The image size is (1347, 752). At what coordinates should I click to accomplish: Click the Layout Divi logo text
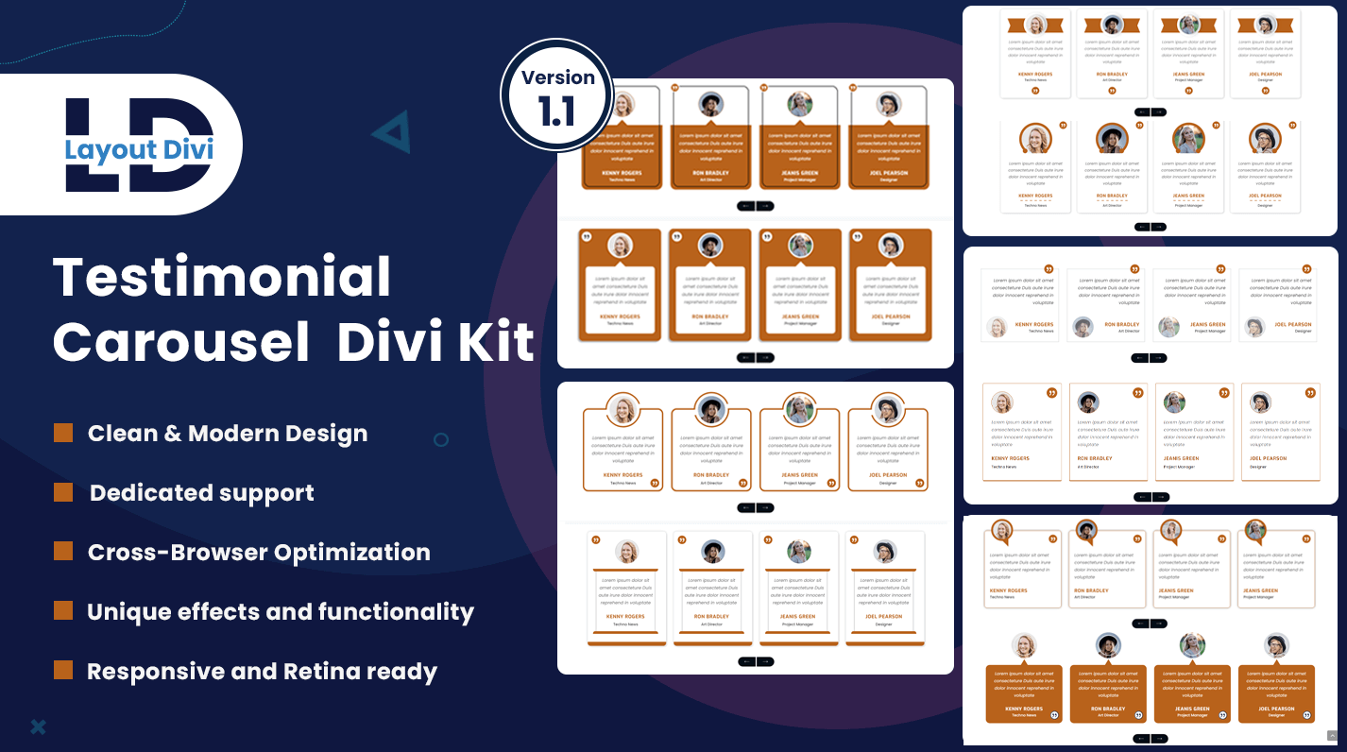click(140, 149)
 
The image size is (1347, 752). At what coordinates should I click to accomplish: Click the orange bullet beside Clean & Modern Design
click(63, 433)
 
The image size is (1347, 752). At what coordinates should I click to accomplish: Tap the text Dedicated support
click(202, 493)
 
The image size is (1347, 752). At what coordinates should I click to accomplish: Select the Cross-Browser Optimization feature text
click(259, 553)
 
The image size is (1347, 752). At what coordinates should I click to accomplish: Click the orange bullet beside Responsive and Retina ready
click(63, 671)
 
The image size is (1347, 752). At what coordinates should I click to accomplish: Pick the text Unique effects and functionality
click(281, 612)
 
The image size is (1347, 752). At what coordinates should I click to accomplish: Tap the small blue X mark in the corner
click(38, 726)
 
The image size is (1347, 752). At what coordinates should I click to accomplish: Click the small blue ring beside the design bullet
click(441, 439)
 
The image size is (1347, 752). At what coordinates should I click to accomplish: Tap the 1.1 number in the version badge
click(557, 111)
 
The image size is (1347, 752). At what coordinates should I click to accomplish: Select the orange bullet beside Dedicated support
click(63, 492)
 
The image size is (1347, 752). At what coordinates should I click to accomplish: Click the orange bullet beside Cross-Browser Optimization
click(63, 552)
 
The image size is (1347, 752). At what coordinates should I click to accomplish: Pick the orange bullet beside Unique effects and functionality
click(63, 611)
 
